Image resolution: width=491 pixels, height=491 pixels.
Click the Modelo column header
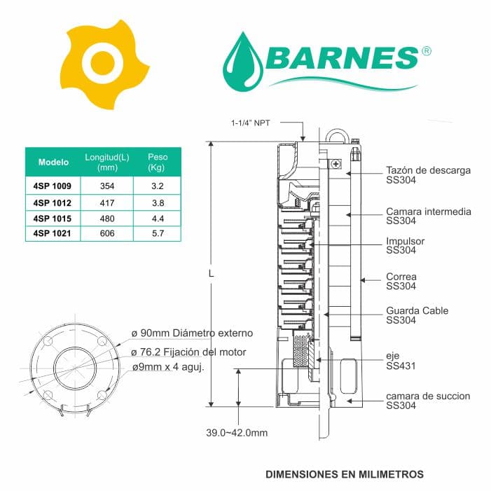(x=53, y=162)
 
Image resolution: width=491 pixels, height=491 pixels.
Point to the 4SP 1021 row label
(x=53, y=233)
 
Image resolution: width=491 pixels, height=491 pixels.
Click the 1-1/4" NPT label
(x=255, y=122)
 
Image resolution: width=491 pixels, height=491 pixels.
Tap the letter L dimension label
(x=212, y=274)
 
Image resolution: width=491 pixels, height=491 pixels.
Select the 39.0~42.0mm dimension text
(x=237, y=433)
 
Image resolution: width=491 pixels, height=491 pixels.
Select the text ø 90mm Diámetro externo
(x=192, y=333)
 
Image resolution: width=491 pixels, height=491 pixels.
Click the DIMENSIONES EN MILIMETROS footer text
(x=345, y=474)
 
